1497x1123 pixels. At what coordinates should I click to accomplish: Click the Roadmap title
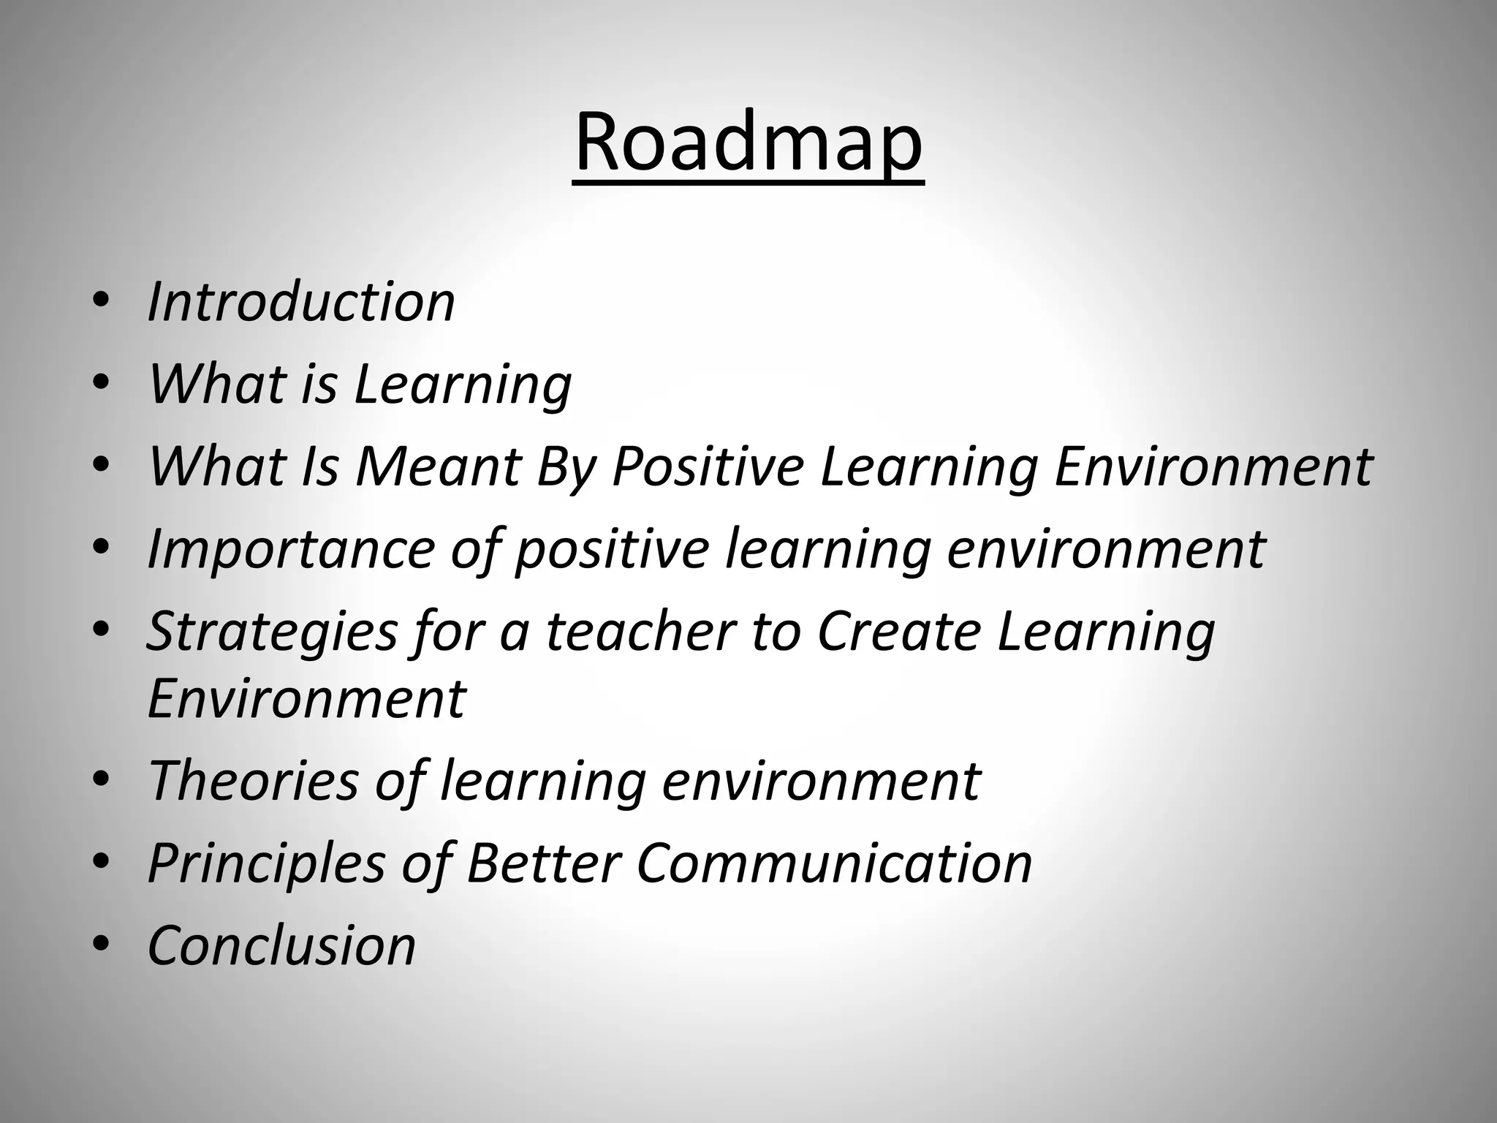click(748, 142)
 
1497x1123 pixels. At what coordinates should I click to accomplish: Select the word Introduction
click(301, 301)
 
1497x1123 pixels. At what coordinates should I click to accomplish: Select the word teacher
click(640, 631)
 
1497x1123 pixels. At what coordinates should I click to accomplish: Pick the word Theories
click(253, 780)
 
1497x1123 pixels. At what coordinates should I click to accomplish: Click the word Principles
click(266, 863)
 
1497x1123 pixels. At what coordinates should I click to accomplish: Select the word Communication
click(834, 863)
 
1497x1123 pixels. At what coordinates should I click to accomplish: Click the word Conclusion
click(281, 945)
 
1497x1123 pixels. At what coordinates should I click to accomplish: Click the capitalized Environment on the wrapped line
click(306, 698)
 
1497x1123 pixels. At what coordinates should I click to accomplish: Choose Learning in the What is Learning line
click(463, 384)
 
